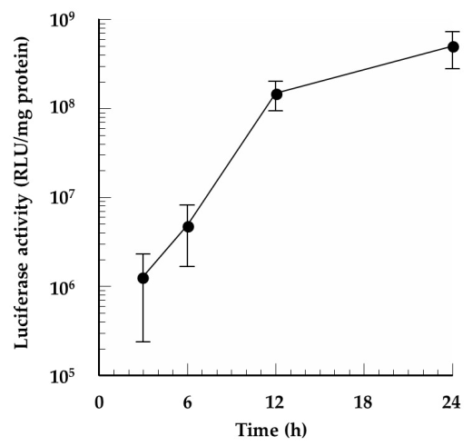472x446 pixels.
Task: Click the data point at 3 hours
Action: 143,278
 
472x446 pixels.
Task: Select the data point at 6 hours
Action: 188,226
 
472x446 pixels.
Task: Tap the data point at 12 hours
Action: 277,94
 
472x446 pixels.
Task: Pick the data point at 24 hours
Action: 454,46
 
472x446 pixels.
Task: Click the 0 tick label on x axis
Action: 99,400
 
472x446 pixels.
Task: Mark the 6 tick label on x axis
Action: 188,400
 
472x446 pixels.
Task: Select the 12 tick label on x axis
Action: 277,400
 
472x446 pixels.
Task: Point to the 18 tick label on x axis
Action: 365,400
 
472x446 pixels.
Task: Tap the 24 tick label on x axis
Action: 454,400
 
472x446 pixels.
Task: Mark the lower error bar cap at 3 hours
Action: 143,342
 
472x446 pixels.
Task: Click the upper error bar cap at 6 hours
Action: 188,205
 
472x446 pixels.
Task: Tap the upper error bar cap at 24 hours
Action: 454,32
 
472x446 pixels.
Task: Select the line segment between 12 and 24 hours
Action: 365,70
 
